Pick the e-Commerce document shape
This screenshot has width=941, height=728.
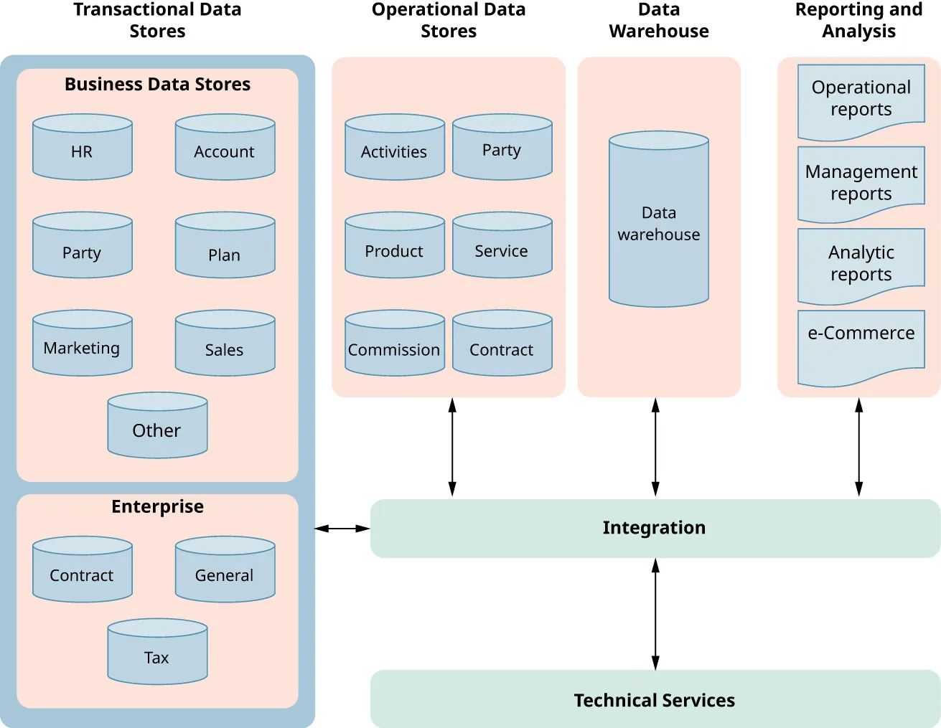pos(861,344)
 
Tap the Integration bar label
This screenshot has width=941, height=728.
pos(654,528)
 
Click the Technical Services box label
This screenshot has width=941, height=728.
pos(654,700)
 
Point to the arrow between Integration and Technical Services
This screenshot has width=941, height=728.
pos(655,614)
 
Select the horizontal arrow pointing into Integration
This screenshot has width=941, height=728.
pos(342,529)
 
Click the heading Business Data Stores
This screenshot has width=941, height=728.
pos(157,85)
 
